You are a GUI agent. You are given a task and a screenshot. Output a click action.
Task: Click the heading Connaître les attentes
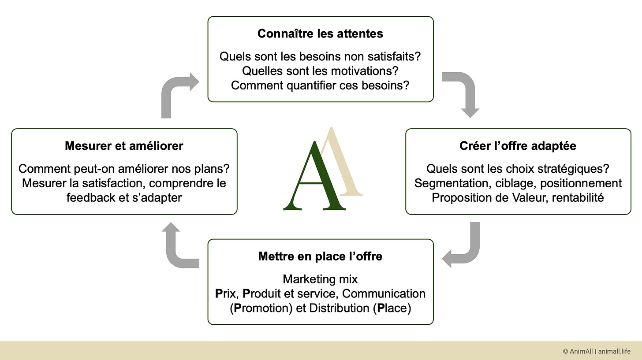(x=320, y=33)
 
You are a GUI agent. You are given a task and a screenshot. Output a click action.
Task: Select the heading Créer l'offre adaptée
(x=518, y=146)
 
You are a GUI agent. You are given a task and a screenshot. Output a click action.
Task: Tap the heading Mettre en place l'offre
(x=320, y=256)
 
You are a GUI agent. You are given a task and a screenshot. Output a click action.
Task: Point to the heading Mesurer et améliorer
(x=124, y=146)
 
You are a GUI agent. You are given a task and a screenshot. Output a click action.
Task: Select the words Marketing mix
(x=320, y=279)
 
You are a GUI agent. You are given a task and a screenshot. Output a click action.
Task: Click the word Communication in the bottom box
(x=384, y=293)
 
